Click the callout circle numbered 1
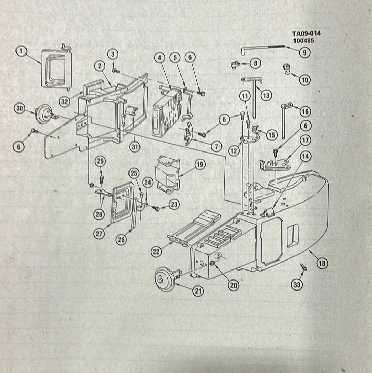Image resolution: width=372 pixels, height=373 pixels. point(21,51)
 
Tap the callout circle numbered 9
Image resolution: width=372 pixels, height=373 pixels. point(304,52)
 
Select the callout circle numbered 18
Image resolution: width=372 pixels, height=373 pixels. point(322,263)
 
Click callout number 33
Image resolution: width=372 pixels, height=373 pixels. point(297,285)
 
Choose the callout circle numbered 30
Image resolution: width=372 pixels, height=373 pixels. point(20,108)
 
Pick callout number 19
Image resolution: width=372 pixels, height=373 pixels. point(200,164)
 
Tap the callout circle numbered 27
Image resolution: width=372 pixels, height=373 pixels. point(99,234)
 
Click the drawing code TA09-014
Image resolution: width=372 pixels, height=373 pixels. point(307,33)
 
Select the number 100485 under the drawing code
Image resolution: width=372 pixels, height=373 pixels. point(304,41)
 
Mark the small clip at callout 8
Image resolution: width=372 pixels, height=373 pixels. point(236,65)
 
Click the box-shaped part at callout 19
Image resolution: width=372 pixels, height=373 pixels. point(167,174)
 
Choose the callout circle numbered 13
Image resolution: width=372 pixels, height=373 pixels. point(266,95)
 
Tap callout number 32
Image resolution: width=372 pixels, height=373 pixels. point(64,102)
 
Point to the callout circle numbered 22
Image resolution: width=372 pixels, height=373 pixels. point(156,252)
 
